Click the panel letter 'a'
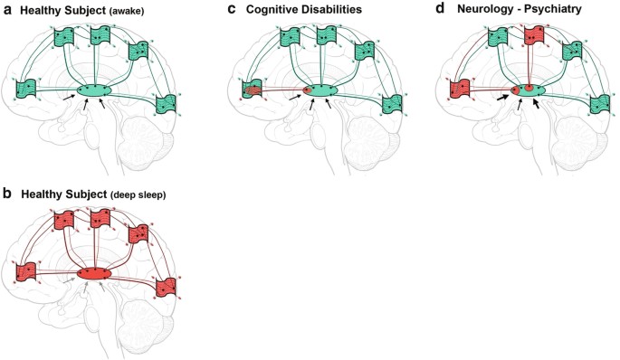pos(5,10)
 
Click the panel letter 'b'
pos(5,192)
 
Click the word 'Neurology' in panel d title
pos(487,10)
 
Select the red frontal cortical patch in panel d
pos(462,90)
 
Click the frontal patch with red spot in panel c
pos(254,89)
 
